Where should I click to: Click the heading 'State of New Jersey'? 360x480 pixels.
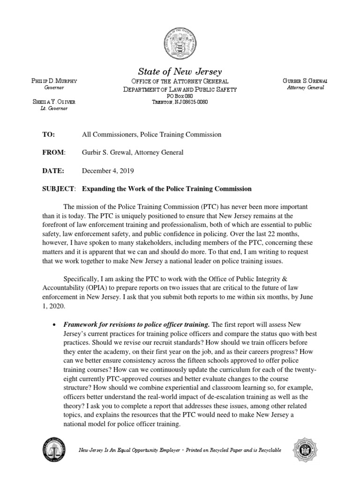click(180, 72)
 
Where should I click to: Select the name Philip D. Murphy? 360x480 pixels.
click(54, 81)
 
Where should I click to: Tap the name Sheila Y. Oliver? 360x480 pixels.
click(54, 102)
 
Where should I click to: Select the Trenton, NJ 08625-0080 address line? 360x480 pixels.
click(180, 102)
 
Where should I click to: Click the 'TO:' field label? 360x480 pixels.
click(49, 135)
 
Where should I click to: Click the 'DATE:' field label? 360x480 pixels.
click(52, 171)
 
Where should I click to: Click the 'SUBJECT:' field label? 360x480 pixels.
click(59, 189)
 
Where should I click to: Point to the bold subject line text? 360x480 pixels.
click(167, 189)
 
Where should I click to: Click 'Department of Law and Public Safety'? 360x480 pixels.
click(180, 89)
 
